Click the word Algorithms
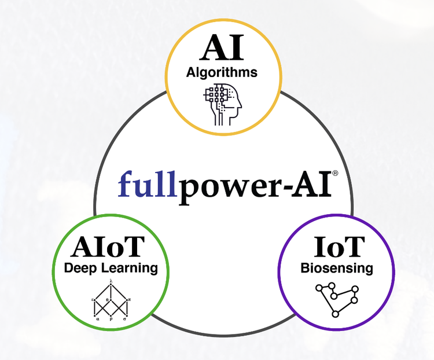222,74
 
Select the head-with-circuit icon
223,104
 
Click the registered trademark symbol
335,173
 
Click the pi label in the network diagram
130,299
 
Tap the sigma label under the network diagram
126,318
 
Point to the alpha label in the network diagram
98,318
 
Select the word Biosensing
337,269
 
